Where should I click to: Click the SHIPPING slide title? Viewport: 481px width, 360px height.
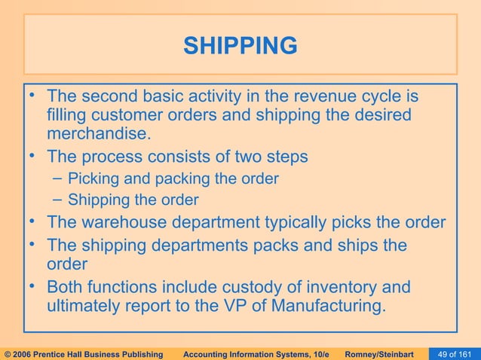point(240,47)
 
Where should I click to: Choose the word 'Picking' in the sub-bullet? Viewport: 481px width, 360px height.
point(93,179)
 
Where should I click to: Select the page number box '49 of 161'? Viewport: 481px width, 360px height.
point(456,352)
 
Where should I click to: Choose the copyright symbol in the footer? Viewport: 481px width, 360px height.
point(8,352)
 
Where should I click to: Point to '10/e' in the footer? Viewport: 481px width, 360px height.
point(317,352)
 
